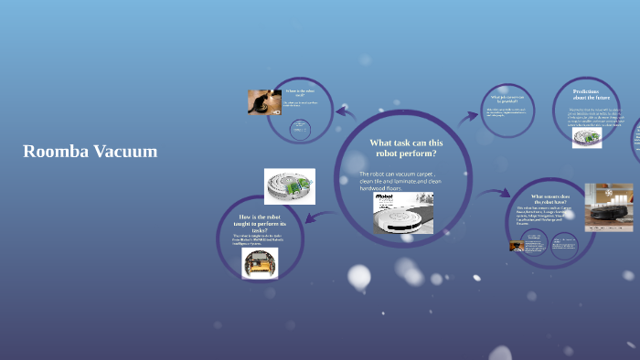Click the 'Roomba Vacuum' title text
click(x=90, y=152)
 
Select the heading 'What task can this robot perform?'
click(x=406, y=148)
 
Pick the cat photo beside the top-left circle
click(x=264, y=101)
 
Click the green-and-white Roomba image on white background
click(x=289, y=185)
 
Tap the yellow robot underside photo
click(x=260, y=262)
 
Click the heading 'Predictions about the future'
click(x=586, y=95)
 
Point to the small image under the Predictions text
click(x=586, y=137)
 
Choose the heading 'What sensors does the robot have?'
click(x=550, y=200)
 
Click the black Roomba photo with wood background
click(x=609, y=206)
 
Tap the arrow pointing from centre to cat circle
click(x=346, y=112)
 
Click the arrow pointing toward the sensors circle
click(x=497, y=194)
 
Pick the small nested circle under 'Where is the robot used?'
click(x=298, y=131)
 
